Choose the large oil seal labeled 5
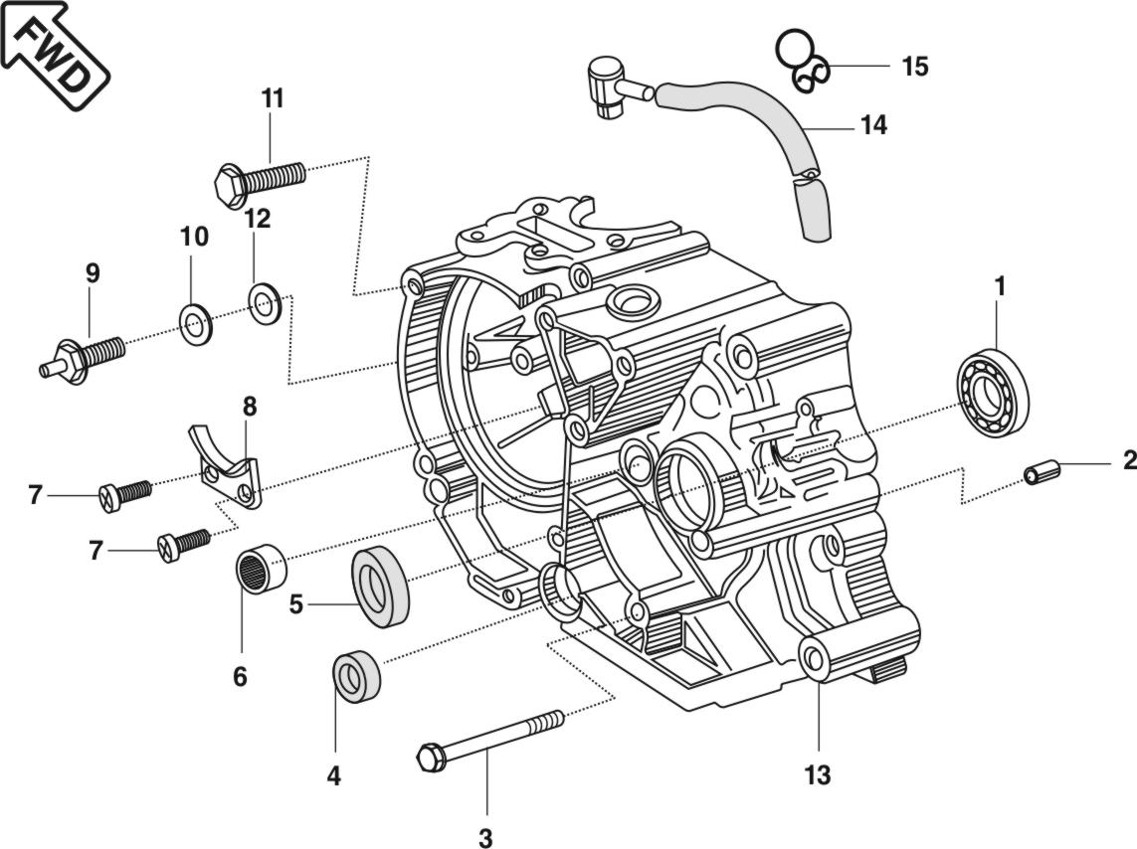coord(380,587)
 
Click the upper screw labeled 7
coord(125,492)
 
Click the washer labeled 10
coord(194,320)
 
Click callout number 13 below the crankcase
coord(817,775)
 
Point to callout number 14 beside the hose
coord(873,125)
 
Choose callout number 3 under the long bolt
coord(485,838)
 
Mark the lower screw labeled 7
coord(184,543)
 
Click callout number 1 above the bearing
coord(1000,286)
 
